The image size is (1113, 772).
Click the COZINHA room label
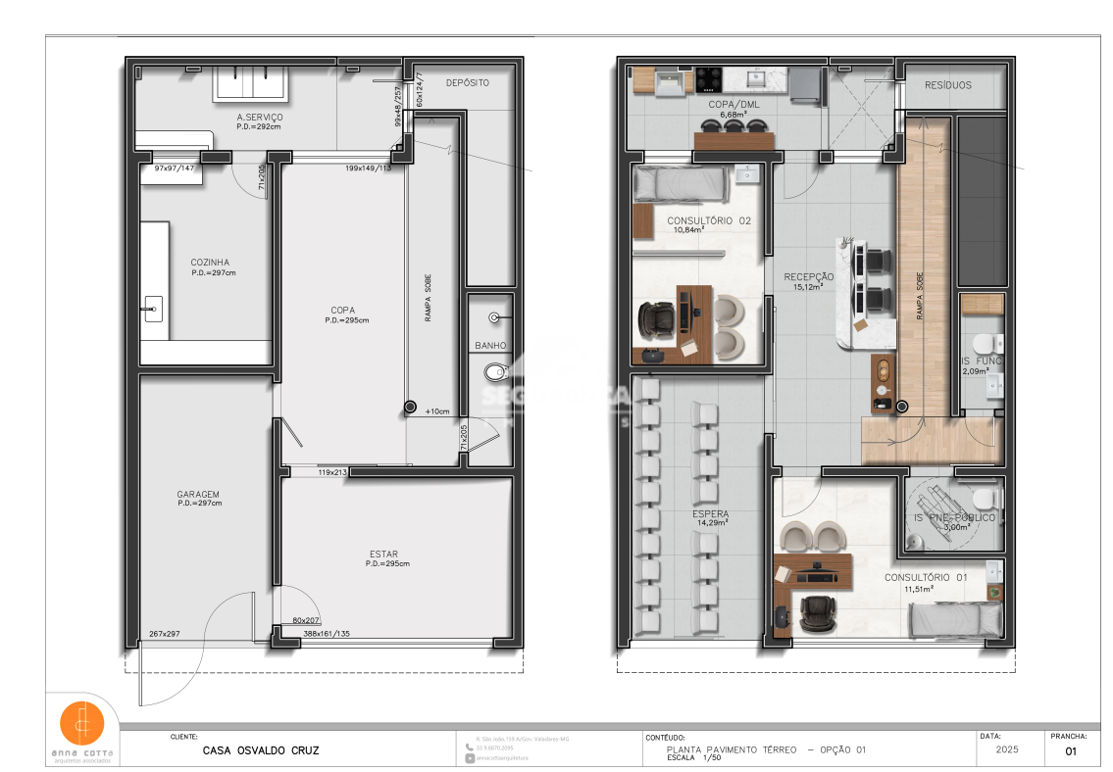[x=210, y=263]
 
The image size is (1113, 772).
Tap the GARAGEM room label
[x=198, y=495]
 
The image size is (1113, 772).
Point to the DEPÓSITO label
[x=467, y=83]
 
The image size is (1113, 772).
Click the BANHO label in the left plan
[x=490, y=346]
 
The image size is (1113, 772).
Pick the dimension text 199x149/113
[x=368, y=169]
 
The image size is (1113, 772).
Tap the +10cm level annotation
[x=437, y=411]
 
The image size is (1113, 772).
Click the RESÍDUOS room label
[x=948, y=85]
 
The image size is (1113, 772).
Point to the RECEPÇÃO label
[x=809, y=277]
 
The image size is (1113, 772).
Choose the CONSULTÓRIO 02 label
[x=708, y=221]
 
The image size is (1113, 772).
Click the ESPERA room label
[x=710, y=513]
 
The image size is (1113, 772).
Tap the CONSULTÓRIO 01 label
[x=926, y=578]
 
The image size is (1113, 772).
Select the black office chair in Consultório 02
[x=656, y=318]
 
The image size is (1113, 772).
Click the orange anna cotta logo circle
[x=82, y=722]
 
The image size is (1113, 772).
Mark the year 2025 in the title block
[x=1005, y=750]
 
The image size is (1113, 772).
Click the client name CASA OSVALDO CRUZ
[x=260, y=751]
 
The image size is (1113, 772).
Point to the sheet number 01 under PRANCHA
[x=1070, y=751]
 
